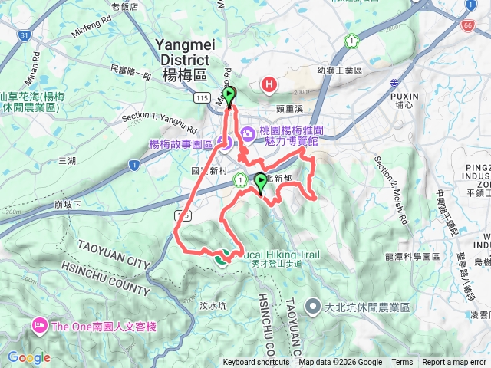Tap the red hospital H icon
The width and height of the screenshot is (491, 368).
coord(269,84)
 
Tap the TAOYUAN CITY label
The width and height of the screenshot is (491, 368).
coord(114,253)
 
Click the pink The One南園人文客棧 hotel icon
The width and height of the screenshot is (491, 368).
coord(39,327)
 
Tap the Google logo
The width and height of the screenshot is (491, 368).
coord(28,357)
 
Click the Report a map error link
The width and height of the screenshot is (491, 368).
coord(454,363)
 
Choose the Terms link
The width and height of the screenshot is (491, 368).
coord(402,363)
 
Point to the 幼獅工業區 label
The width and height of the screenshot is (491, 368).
coord(342,70)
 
